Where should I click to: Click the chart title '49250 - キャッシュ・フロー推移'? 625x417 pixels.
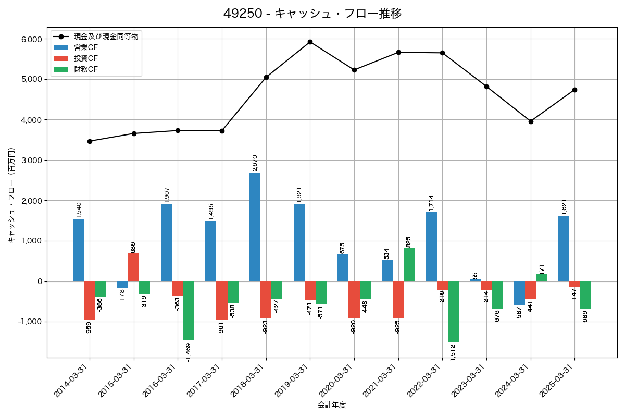tap(312, 14)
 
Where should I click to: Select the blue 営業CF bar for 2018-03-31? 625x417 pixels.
tap(255, 227)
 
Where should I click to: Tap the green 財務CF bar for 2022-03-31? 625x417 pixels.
tap(453, 312)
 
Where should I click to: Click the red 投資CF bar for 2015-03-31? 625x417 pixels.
tap(134, 267)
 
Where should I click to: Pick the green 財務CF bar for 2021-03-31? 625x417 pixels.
tap(409, 265)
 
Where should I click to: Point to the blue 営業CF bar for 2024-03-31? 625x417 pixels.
tap(519, 293)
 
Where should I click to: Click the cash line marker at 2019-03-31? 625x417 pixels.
tap(310, 42)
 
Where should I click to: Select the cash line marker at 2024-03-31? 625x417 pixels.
tap(531, 121)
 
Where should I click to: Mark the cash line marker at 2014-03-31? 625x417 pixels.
tap(90, 141)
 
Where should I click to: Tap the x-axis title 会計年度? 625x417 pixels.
tap(332, 405)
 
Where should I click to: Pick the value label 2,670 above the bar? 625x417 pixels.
tap(255, 163)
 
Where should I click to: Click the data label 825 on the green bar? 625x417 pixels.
tap(409, 241)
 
